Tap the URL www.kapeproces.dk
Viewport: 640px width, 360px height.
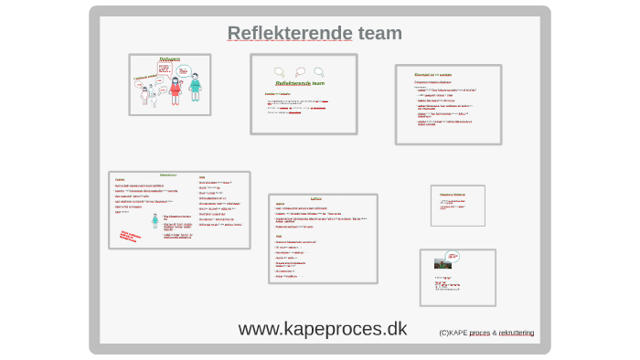[323, 329]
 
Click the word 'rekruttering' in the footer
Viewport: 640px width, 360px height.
[517, 333]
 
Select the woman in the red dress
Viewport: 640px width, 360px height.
[176, 90]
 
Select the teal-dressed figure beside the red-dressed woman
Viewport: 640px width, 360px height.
[195, 89]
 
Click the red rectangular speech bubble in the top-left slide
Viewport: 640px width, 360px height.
[165, 68]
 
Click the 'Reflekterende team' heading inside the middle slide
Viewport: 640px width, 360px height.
[304, 83]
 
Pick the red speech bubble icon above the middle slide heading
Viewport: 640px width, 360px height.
[298, 71]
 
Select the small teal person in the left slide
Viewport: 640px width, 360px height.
[155, 220]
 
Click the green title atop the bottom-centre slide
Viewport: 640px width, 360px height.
[316, 198]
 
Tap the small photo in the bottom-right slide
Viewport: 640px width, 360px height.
[443, 263]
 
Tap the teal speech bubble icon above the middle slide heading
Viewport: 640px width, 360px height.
[317, 71]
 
